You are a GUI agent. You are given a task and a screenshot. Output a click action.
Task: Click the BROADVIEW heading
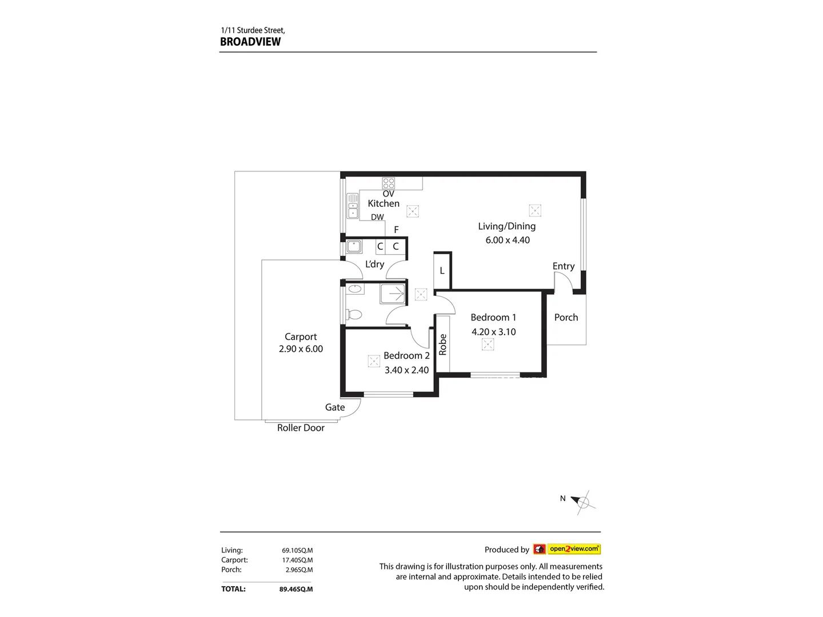tap(250, 42)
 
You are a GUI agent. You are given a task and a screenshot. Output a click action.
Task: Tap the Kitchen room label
tap(383, 203)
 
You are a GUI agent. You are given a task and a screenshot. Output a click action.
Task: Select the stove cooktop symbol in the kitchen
tap(389, 183)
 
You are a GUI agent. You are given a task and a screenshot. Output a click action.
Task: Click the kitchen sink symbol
tap(353, 206)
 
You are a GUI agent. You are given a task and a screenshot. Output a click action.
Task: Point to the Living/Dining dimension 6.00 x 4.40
tap(508, 240)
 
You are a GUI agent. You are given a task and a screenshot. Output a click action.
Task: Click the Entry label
tap(564, 266)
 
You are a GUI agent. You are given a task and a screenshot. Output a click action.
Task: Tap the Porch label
tap(566, 318)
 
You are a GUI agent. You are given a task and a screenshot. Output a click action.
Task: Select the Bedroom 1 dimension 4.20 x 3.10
tap(493, 332)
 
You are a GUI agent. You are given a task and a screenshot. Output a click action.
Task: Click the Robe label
tap(442, 344)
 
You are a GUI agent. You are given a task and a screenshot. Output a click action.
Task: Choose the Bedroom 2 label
tap(406, 355)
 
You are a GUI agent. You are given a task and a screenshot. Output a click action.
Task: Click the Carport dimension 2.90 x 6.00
tap(301, 349)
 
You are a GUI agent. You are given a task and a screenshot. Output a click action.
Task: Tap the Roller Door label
tap(301, 428)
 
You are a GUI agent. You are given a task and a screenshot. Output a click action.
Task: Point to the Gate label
tap(335, 407)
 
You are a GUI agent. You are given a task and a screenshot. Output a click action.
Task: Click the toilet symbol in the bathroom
tap(354, 314)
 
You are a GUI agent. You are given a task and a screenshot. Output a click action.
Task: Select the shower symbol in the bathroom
tap(393, 294)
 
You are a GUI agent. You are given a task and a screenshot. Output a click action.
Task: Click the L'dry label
tap(374, 264)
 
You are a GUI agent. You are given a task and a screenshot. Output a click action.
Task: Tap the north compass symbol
tap(583, 503)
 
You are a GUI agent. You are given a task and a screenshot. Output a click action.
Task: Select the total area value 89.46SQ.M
tap(296, 589)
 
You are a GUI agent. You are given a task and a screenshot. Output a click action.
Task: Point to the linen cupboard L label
tap(442, 271)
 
